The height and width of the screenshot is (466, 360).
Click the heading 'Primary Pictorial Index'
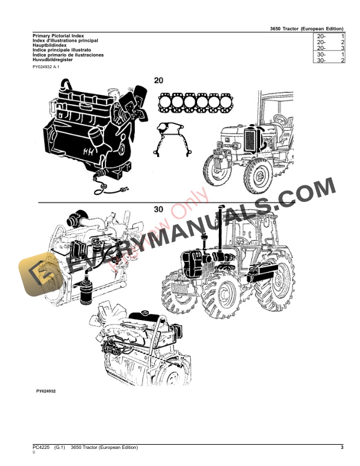pos(58,36)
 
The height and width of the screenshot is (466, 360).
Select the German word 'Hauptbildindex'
pos(50,45)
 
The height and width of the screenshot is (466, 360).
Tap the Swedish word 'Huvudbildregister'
pos(54,59)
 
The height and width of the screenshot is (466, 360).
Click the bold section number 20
pos(159,81)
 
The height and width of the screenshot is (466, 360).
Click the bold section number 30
pos(158,210)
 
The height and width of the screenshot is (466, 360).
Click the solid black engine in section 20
pos(88,129)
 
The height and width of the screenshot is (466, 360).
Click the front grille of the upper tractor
pos(249,144)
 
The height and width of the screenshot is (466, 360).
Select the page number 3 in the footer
pos(342,448)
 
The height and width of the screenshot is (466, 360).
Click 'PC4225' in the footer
pos(41,448)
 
